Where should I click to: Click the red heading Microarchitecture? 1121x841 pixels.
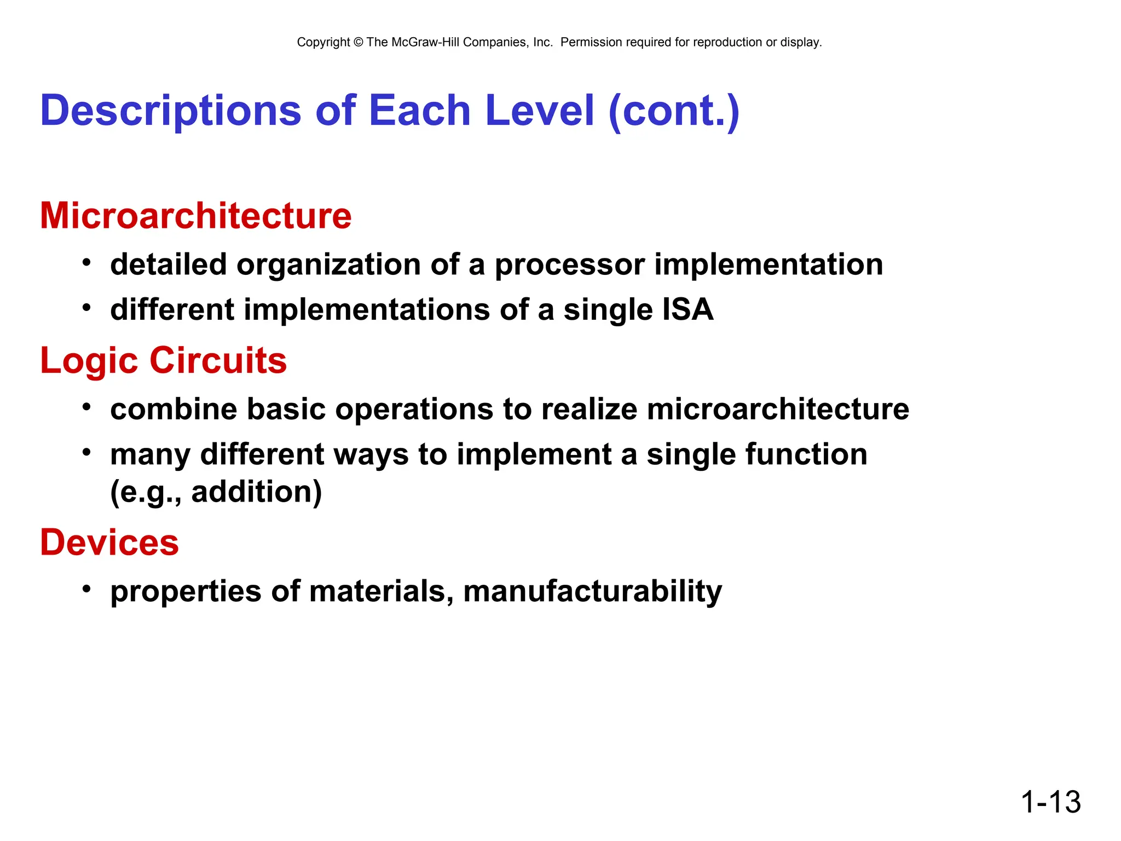click(195, 216)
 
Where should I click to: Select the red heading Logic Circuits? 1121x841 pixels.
click(163, 361)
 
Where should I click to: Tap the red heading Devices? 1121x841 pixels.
click(109, 543)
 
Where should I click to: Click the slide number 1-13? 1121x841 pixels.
click(1050, 802)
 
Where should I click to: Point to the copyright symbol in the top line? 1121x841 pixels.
click(359, 43)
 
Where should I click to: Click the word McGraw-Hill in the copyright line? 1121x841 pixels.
click(425, 43)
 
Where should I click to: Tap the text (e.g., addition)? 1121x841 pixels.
click(216, 492)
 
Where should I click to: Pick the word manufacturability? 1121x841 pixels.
click(592, 591)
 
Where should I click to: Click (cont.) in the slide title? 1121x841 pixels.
click(674, 111)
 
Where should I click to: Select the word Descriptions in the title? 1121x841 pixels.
click(171, 111)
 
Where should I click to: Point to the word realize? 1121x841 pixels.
click(589, 410)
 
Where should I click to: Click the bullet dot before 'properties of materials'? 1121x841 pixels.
click(86, 589)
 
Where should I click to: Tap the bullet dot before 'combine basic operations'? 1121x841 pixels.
click(86, 407)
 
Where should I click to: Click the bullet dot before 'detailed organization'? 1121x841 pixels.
click(86, 262)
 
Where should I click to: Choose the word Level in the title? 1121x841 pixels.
click(539, 111)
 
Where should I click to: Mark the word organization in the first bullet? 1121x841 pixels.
click(328, 264)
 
